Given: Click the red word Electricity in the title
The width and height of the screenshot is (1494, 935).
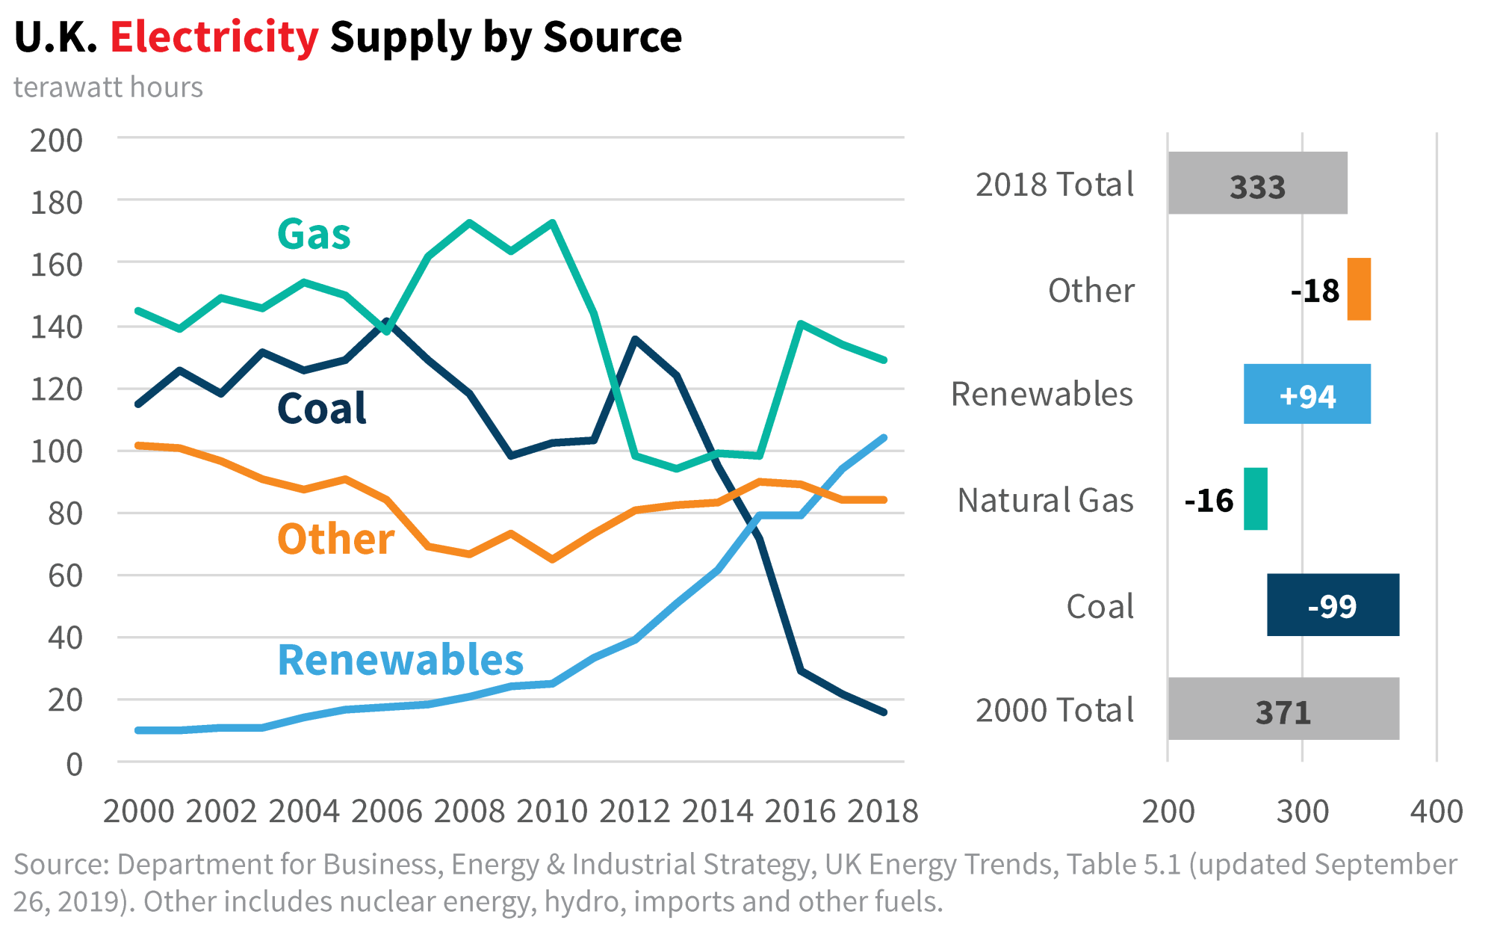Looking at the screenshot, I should pos(214,37).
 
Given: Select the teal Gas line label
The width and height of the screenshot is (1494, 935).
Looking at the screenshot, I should pos(314,234).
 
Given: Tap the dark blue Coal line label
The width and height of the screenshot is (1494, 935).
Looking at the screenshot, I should pos(321,409).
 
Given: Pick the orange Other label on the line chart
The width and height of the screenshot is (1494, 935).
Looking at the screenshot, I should pos(335,539).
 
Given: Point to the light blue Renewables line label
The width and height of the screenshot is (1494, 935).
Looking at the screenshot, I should pos(400,660).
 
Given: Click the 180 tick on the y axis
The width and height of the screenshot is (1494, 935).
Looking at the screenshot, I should pos(56,203).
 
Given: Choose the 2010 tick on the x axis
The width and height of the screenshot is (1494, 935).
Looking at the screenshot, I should pos(552,812).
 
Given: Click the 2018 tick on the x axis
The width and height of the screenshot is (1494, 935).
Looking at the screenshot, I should pos(883,812).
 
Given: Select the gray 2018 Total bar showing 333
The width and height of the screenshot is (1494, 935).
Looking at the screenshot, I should pos(1258,184).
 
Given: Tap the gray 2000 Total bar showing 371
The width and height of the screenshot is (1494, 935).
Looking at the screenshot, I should pos(1283,709).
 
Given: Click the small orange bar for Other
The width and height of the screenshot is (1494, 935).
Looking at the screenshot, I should pos(1359,289).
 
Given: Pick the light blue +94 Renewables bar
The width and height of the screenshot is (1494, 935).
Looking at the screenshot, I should pos(1307,395).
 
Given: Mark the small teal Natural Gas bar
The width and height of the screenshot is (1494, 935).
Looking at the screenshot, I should pos(1256,499).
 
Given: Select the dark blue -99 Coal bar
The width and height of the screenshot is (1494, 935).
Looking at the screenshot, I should pos(1333,605).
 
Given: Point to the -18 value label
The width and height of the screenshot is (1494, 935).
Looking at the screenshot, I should pos(1315,291).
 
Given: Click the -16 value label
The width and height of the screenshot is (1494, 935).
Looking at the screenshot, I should pos(1209,501).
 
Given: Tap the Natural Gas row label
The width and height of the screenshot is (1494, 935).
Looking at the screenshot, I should pos(1045,501).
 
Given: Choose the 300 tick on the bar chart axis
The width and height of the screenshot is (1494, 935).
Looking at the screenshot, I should pos(1303,812).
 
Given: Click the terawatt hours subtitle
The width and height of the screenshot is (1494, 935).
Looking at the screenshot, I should pos(108,87).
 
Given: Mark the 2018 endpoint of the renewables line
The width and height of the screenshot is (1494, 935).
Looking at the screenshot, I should pos(884,438).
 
